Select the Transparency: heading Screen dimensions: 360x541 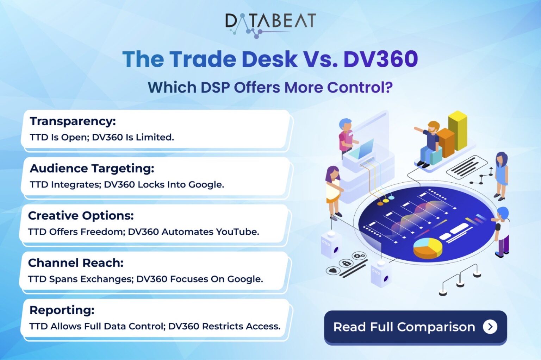[x=73, y=121]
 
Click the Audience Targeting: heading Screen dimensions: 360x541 [x=92, y=168]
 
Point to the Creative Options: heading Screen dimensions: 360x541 [x=81, y=215]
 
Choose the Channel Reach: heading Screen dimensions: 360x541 [x=76, y=263]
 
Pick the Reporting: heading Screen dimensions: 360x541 [x=62, y=310]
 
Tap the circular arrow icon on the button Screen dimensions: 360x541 [x=490, y=327]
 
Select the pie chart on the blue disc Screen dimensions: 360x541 [x=428, y=247]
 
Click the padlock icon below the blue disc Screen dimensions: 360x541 [x=346, y=263]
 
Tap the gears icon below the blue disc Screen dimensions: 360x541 [x=359, y=256]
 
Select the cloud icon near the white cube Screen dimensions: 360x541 [x=333, y=271]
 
